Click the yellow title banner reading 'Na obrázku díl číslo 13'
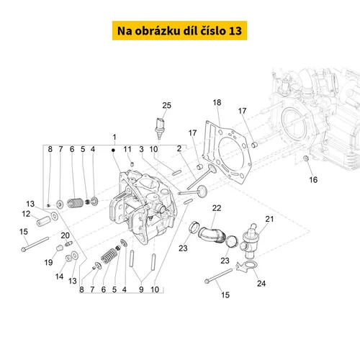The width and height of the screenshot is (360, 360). (x=179, y=30)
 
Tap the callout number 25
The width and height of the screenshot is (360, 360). (x=166, y=105)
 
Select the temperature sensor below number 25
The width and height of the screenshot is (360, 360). (x=159, y=128)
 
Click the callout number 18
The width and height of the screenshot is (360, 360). (x=217, y=102)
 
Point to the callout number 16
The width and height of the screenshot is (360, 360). (x=313, y=180)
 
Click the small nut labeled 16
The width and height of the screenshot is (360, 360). (x=306, y=158)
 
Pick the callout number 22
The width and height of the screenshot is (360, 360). (x=217, y=208)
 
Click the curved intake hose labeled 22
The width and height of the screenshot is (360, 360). (x=212, y=235)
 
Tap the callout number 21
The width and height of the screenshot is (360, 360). (x=269, y=219)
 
